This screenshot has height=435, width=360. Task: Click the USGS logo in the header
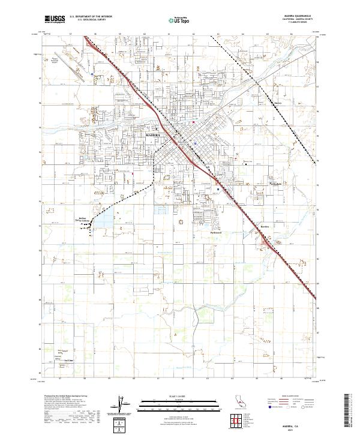pos(53,19)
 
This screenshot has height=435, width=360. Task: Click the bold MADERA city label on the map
pos(155,136)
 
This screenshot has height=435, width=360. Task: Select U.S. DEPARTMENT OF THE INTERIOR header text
pos(90,17)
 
